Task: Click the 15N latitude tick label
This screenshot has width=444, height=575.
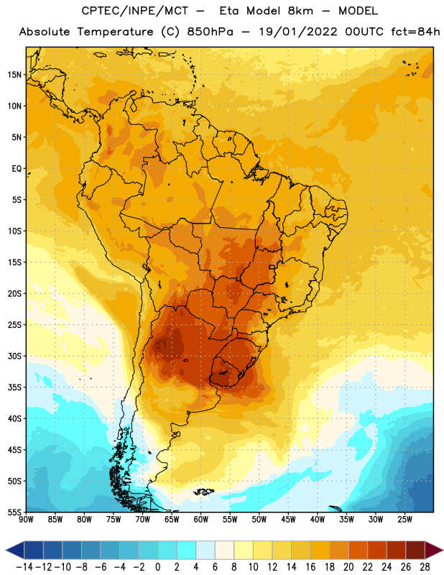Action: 14,75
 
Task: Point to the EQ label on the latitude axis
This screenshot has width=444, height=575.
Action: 17,169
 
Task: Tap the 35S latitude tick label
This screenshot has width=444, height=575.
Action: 14,387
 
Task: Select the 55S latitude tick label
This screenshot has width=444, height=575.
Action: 14,512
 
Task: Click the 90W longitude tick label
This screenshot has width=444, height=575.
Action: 26,520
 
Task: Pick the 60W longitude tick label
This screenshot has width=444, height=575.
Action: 201,520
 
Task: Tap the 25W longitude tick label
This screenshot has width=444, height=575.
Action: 404,520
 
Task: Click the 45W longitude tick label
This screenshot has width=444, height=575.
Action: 288,520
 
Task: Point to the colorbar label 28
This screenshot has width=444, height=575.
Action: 425,567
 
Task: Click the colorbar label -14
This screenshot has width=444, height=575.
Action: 24,567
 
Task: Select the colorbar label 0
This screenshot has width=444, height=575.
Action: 157,567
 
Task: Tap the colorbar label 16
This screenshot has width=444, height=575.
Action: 310,567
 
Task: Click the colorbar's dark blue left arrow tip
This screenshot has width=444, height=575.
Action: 6,550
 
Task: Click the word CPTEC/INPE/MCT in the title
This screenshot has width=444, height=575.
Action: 135,11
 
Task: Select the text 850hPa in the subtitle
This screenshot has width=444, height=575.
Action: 210,32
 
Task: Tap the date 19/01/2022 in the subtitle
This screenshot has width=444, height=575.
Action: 298,32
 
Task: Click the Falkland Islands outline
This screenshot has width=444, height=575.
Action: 203,492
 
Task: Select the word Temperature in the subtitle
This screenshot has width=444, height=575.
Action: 115,32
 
